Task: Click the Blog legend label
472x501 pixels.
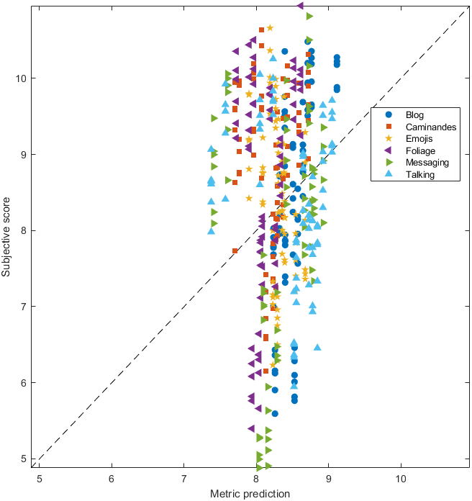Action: (x=414, y=115)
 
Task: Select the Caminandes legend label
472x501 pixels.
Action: (x=431, y=127)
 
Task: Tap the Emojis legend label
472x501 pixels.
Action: (x=419, y=139)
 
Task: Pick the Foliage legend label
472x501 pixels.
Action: (x=420, y=151)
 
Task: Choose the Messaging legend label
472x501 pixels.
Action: (x=427, y=163)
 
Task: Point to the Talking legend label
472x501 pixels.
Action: (x=420, y=175)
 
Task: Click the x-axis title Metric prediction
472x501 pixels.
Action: (x=250, y=494)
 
